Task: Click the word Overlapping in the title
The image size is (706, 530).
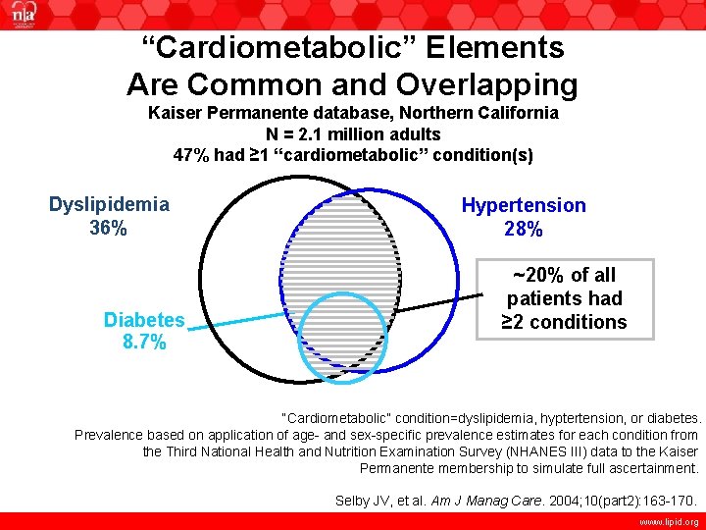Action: pos(481,83)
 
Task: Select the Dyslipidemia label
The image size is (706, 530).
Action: pos(109,204)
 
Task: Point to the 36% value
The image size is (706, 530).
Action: pos(108,228)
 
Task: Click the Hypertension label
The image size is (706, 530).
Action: pos(524,205)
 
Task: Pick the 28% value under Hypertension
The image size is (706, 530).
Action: pos(524,230)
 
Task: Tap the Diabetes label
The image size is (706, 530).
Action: pos(144,319)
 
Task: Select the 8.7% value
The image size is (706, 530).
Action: pos(144,343)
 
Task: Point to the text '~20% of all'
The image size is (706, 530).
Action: pos(564,275)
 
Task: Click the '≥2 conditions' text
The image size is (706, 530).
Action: pos(564,322)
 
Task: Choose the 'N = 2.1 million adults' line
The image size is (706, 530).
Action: pos(353,133)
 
